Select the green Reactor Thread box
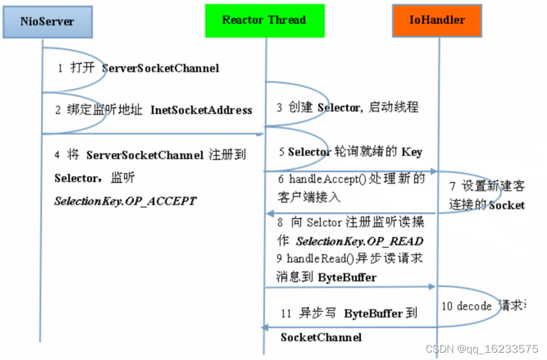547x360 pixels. coord(264,20)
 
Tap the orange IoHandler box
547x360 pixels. coord(437,20)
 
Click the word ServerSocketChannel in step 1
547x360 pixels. coord(160,68)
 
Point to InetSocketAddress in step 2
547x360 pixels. coord(201,110)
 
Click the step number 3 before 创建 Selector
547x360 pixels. coord(280,107)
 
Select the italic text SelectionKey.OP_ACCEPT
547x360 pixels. coord(125,200)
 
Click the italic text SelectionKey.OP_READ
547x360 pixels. coord(359,241)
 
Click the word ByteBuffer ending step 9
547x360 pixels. coord(347,277)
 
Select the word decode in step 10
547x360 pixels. coord(475,306)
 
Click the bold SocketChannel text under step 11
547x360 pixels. coord(321,337)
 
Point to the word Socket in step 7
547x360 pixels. coord(507,205)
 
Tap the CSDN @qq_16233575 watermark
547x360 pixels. coord(482,349)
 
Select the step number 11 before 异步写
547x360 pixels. coord(286,313)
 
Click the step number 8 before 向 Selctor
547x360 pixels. coord(280,223)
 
